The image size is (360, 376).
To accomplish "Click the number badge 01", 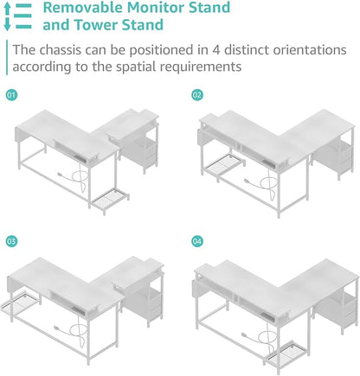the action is (x=11, y=95).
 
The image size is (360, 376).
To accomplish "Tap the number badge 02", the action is (x=197, y=95).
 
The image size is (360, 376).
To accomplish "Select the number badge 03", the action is (x=11, y=241).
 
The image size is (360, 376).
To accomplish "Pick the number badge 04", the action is (x=197, y=241).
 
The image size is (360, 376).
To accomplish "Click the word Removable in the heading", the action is (x=83, y=7).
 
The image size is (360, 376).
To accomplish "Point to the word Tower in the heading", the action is (x=96, y=25).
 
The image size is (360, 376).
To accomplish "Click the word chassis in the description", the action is (x=60, y=50).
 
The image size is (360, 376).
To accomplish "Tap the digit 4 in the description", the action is (x=216, y=50).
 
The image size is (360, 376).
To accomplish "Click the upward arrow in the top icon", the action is (x=7, y=9).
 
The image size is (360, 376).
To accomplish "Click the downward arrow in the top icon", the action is (x=7, y=24).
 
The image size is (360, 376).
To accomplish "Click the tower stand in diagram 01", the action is (x=111, y=200).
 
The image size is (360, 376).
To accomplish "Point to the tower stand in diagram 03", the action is (x=20, y=305).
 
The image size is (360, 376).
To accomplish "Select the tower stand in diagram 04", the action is (x=286, y=354).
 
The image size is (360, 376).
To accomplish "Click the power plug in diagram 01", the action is (x=61, y=175).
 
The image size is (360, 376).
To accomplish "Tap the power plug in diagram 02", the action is (x=247, y=181).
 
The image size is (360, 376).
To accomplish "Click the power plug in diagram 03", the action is (x=58, y=328).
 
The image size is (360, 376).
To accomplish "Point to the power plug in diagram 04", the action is (x=245, y=335).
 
